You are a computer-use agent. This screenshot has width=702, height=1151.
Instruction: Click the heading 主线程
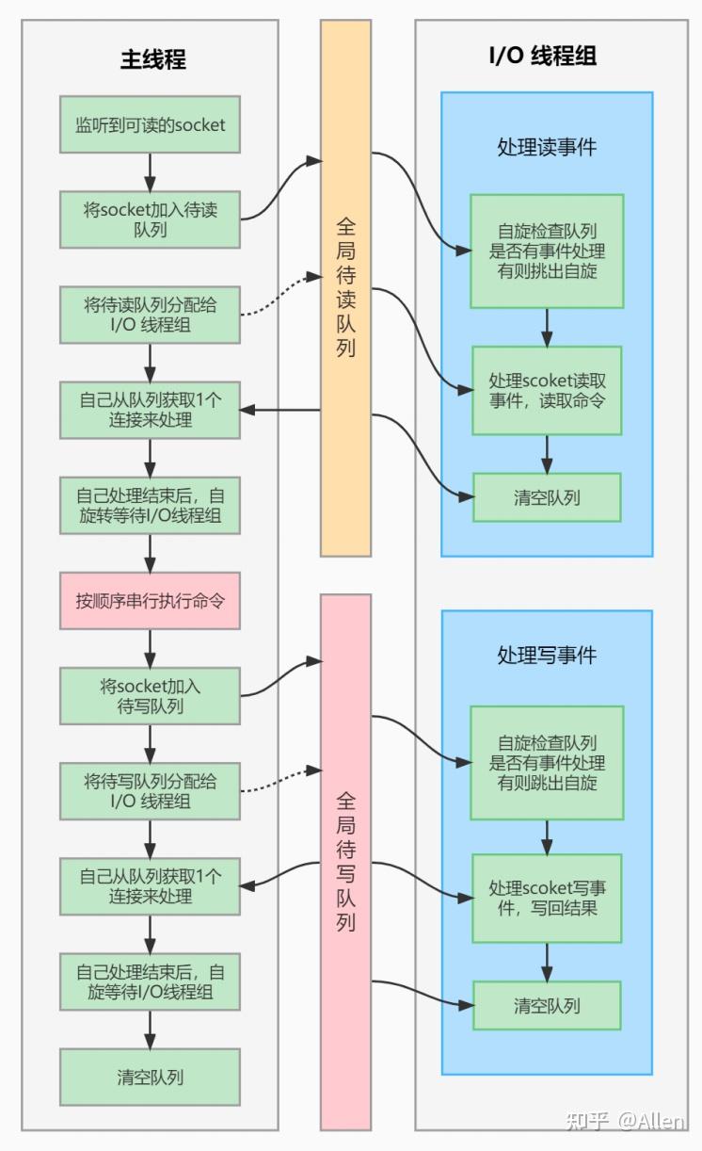click(152, 59)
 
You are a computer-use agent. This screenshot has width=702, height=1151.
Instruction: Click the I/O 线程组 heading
click(542, 56)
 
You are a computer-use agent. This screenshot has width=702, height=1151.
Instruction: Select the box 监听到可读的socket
click(150, 124)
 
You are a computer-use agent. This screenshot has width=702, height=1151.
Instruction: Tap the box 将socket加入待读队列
click(150, 219)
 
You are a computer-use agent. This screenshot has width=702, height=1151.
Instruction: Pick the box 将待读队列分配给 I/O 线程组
click(150, 315)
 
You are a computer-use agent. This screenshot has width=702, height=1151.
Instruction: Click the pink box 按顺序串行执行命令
click(150, 601)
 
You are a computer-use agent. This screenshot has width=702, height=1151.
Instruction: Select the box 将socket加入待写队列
click(150, 696)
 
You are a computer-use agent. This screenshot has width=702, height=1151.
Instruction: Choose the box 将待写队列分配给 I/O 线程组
click(150, 791)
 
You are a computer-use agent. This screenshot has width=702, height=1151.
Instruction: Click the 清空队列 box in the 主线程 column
click(150, 1078)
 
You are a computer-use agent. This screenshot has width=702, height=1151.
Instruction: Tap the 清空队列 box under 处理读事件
click(547, 497)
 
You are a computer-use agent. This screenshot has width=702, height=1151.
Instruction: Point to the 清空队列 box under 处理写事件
click(547, 1005)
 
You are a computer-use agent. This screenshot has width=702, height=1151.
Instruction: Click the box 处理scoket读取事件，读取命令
click(547, 390)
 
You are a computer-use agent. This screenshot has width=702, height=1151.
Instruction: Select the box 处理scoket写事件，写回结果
click(547, 899)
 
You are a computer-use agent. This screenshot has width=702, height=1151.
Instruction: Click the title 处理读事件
click(547, 148)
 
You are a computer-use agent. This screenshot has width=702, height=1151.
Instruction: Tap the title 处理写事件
click(547, 656)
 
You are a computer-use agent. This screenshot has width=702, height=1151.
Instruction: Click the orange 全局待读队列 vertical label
click(345, 288)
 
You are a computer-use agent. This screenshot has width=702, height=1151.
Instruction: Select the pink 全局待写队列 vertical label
click(345, 862)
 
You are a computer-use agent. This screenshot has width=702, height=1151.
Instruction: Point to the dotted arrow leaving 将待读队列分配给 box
click(278, 296)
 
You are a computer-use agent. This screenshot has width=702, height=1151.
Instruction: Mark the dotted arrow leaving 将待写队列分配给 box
click(278, 775)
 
